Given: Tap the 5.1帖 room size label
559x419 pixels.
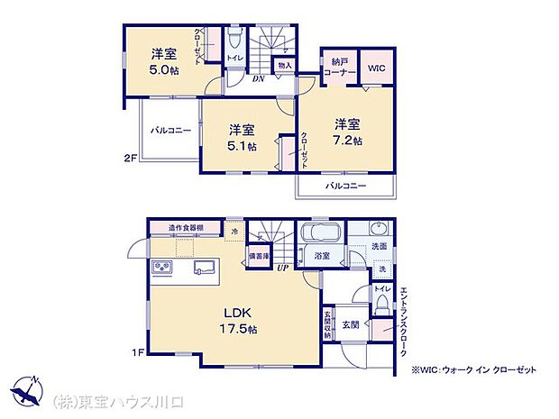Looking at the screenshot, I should pos(242,145).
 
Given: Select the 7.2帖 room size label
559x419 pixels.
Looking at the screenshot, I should pos(349,141).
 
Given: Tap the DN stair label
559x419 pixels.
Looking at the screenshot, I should pos(258,78).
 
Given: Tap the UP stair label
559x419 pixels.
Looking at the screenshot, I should pos(281,269).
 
